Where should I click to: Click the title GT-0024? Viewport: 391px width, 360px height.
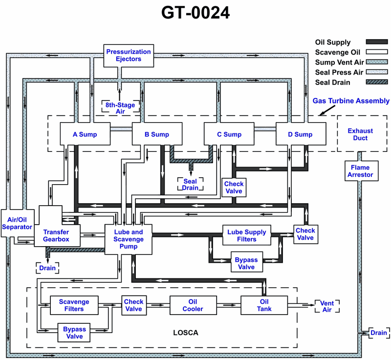point(195,13)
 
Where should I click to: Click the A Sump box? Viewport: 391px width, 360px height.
point(85,134)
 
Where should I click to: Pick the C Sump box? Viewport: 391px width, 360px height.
point(229,134)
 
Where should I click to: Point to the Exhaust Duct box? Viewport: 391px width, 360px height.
point(360,134)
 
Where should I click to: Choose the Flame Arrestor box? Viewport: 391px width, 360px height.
point(361,171)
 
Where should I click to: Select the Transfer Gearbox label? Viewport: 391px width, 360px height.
point(56,236)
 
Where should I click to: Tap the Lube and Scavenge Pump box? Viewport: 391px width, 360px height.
point(129,239)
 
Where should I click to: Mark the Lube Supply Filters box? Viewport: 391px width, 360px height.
point(247,235)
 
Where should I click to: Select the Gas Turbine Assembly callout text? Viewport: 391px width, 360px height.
point(351,101)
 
